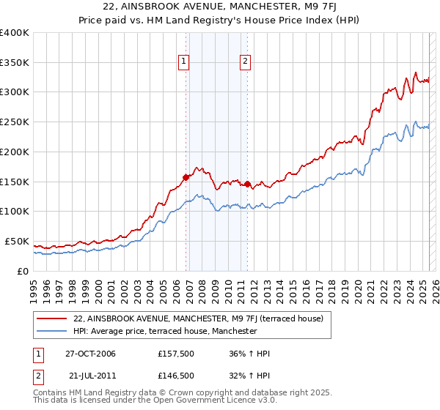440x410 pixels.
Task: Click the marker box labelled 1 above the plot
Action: point(183,62)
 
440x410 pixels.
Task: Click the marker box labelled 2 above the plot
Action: point(244,62)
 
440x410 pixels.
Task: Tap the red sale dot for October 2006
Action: point(186,176)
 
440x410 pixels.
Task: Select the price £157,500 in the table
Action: point(175,354)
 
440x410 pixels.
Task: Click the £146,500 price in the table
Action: point(175,375)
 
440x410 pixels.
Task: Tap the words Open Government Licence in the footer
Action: point(147,403)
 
